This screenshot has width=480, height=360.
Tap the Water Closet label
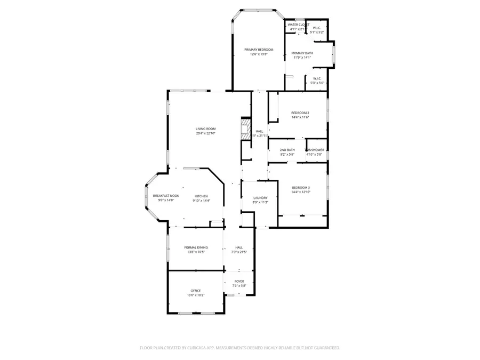(298, 25)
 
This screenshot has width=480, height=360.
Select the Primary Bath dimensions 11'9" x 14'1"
(302, 58)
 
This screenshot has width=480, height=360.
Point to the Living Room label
(205, 129)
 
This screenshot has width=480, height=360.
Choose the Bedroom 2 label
(300, 113)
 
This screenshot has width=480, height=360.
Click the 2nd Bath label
(287, 150)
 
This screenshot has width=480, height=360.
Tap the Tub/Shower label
(314, 150)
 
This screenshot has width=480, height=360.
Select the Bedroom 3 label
(300, 187)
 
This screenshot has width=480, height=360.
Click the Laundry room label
(260, 198)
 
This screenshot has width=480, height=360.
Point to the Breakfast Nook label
(166, 196)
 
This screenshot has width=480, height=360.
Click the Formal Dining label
(196, 247)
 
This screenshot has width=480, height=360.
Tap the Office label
(196, 290)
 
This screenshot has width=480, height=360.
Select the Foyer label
(239, 281)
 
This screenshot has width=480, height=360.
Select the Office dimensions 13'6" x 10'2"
(196, 295)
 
